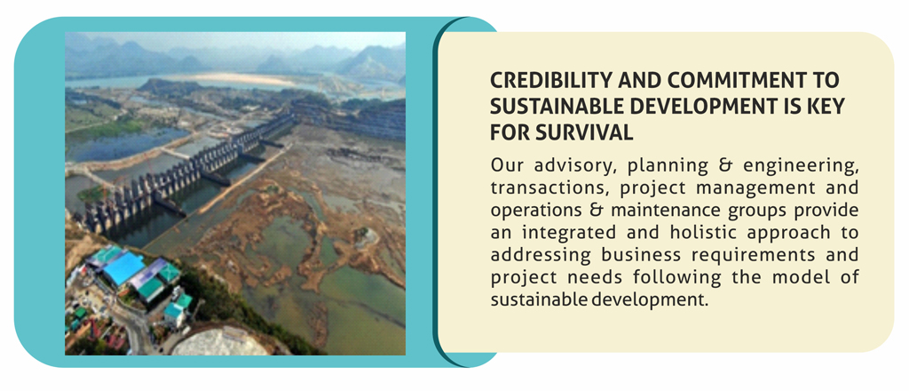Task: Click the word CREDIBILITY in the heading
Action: point(547,81)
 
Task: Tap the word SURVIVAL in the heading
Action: point(591,132)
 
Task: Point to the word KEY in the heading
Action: point(827,107)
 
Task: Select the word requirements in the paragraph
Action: point(750,256)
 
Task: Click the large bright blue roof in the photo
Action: point(123,268)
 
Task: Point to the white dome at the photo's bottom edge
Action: point(219,343)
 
